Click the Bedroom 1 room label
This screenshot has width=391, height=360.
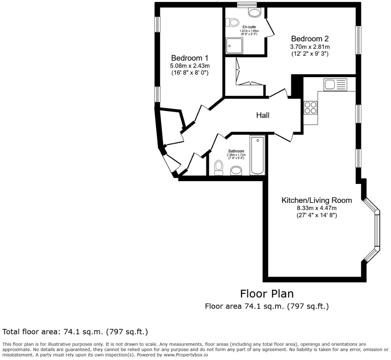[x=189, y=58]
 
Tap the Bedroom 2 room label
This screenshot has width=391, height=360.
[x=310, y=39]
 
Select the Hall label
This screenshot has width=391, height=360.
[x=263, y=115]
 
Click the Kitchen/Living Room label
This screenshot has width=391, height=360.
[x=316, y=200]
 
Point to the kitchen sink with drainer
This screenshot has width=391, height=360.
[x=335, y=85]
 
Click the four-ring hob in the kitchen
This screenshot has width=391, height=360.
[x=310, y=108]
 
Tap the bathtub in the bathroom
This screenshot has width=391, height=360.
[x=257, y=155]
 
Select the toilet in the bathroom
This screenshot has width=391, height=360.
[x=219, y=167]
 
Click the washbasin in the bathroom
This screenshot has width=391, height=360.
[x=236, y=171]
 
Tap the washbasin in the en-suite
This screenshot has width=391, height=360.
[x=255, y=13]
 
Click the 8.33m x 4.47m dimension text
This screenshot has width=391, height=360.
[x=316, y=208]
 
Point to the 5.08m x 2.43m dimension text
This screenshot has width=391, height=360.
[x=189, y=66]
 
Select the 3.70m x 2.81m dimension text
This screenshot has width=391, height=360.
[x=310, y=46]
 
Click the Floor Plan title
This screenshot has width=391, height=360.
[x=266, y=294]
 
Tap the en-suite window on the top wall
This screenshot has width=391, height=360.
[x=247, y=5]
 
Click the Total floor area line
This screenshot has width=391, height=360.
[x=75, y=332]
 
